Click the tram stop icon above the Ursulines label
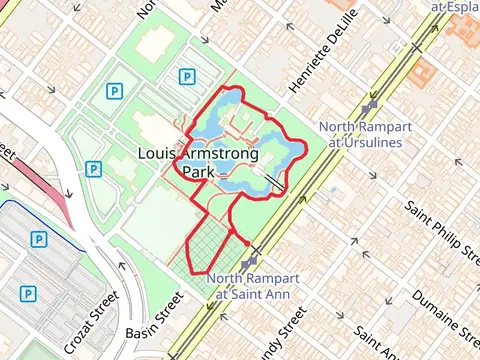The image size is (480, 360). point(370,104)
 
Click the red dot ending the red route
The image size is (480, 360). point(247,242)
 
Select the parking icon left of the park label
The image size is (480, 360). point(92,169)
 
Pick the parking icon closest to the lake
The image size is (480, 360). point(186,76)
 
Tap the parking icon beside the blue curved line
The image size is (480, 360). point(38,239)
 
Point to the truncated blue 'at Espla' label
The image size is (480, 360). point(454,6)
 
